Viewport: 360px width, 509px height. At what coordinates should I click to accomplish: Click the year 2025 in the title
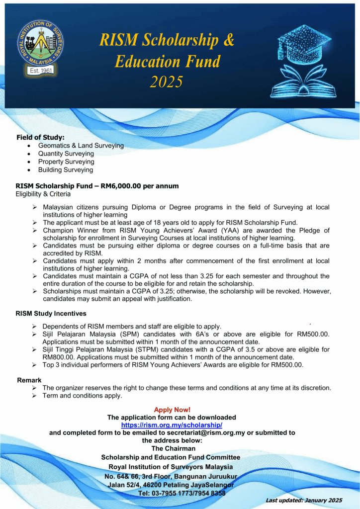tap(167, 81)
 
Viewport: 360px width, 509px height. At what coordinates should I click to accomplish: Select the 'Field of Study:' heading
tap(41, 137)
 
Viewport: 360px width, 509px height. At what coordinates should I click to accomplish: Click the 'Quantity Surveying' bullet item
tap(66, 154)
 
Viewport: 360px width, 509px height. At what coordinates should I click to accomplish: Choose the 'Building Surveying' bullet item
tap(66, 170)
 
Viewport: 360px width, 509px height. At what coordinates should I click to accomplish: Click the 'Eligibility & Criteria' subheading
tap(43, 194)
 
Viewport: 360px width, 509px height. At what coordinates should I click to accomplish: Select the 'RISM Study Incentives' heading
tap(51, 314)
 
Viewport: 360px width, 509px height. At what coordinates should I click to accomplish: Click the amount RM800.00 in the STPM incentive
tap(59, 357)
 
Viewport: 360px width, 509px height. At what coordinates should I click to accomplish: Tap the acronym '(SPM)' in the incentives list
tap(124, 335)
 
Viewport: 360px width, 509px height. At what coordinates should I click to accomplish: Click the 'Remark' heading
tap(29, 380)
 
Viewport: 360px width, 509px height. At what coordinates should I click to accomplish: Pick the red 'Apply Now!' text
tap(172, 410)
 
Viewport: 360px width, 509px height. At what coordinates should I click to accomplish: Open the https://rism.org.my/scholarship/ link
tap(172, 425)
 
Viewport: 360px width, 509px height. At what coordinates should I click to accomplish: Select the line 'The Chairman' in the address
tap(173, 448)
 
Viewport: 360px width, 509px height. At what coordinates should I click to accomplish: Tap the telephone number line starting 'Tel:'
tap(181, 493)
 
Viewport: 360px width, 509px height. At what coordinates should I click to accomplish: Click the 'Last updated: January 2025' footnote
tap(304, 500)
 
